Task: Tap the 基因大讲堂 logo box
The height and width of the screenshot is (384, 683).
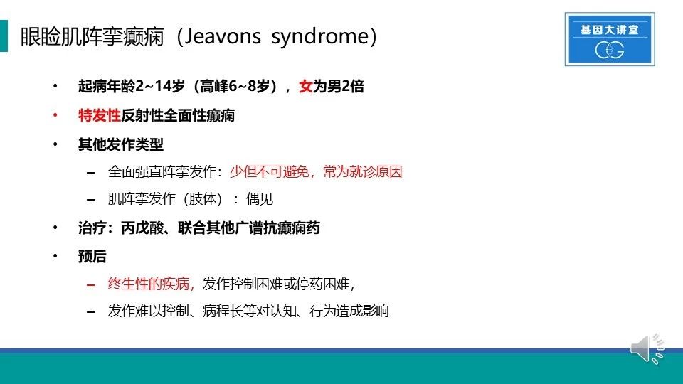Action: (x=610, y=39)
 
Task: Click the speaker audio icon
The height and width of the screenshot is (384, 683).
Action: (x=647, y=348)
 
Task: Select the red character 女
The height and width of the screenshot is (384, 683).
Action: (x=305, y=86)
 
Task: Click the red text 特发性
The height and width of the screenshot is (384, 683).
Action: (x=100, y=115)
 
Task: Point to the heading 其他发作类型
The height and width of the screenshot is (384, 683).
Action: (x=121, y=144)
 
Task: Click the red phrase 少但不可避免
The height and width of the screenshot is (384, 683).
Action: (x=269, y=171)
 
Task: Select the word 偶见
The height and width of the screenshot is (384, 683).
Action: (x=259, y=199)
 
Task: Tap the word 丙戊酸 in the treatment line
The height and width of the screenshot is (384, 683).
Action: (x=142, y=228)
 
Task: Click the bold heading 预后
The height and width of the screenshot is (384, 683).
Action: (x=92, y=257)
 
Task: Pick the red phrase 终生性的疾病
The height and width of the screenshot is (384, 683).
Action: (x=148, y=284)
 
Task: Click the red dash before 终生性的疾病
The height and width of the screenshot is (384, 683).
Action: (x=90, y=285)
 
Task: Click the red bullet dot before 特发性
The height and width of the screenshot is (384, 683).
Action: (x=55, y=115)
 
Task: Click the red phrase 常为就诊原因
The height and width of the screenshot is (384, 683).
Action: (x=362, y=171)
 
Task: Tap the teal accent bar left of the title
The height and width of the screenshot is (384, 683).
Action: (x=4, y=36)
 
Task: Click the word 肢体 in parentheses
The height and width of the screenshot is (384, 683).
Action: (x=203, y=199)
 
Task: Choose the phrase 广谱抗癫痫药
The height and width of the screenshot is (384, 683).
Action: (x=277, y=228)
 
